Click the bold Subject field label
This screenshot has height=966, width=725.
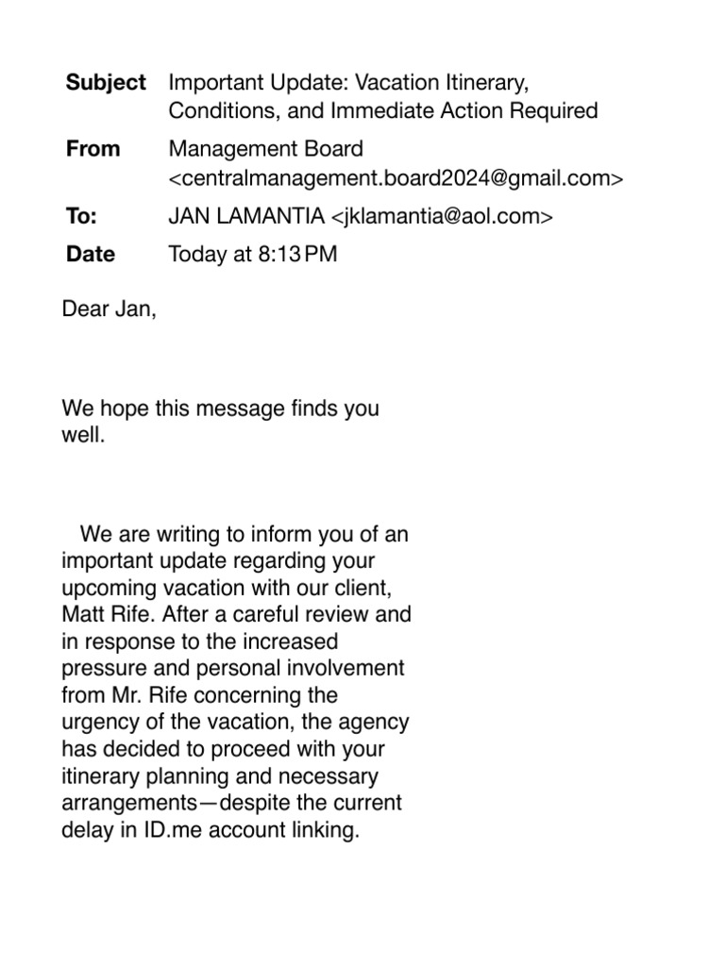[106, 83]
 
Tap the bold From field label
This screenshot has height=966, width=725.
[93, 149]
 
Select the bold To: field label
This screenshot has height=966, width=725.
[82, 216]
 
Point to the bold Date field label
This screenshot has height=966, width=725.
[91, 254]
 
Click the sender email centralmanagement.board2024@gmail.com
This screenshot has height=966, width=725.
[396, 177]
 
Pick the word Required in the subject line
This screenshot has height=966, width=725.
[552, 111]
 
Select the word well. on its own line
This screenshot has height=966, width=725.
[82, 437]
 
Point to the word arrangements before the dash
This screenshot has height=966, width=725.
[131, 805]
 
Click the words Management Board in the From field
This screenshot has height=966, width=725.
[265, 149]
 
